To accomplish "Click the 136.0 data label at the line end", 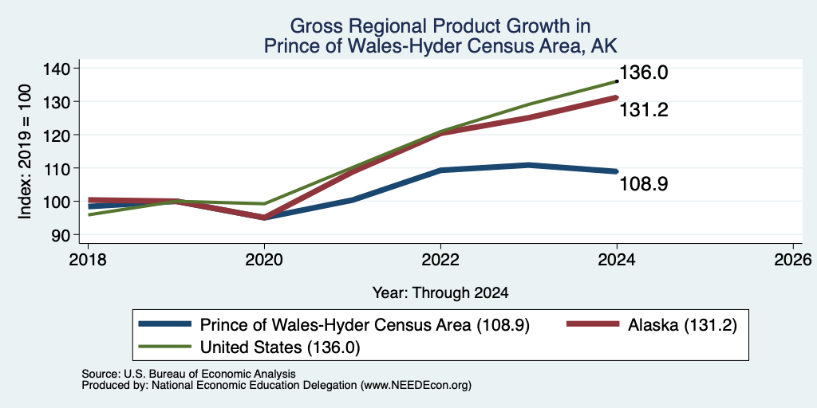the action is click(x=644, y=73).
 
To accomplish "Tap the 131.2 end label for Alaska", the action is click(x=644, y=110).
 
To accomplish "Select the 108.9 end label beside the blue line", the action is click(x=644, y=184).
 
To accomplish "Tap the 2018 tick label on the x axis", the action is click(x=88, y=259).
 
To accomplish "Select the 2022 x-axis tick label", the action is click(x=440, y=259).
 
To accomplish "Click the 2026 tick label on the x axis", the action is click(x=793, y=259).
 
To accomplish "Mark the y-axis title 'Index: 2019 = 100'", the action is click(x=25, y=151).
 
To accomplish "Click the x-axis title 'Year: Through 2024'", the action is click(x=440, y=293).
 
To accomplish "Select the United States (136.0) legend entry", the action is click(x=250, y=347).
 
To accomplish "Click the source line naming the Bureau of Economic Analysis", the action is click(x=188, y=374).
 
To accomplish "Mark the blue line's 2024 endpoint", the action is click(x=617, y=171).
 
